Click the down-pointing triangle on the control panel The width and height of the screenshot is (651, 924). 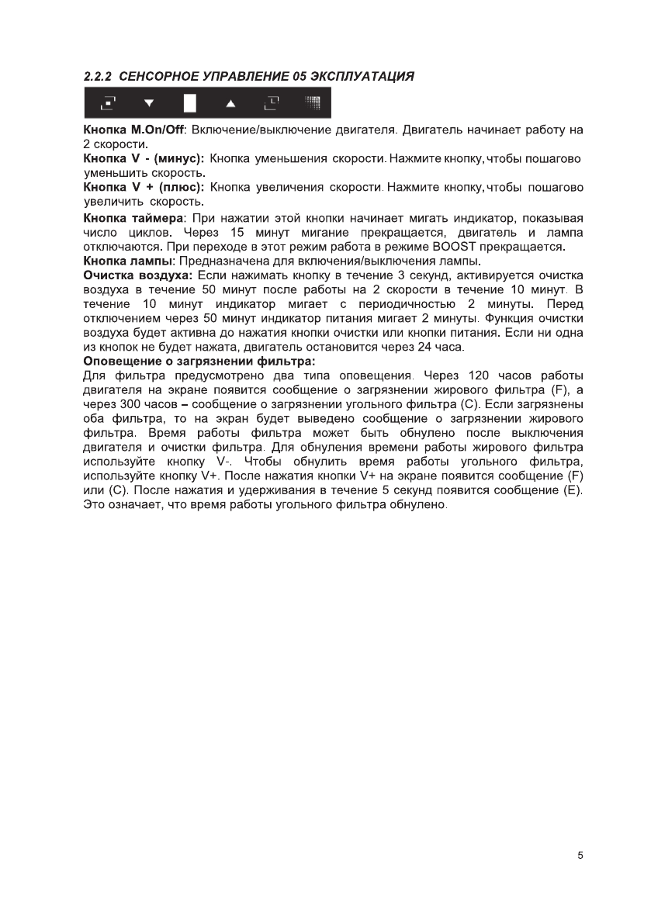(149, 102)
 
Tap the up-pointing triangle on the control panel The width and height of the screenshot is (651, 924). (230, 102)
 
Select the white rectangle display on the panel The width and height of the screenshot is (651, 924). (189, 102)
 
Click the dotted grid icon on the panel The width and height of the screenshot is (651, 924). (312, 101)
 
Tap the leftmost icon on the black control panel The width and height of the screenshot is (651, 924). (109, 102)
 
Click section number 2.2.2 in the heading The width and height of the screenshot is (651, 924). (99, 77)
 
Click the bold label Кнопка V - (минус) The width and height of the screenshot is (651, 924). (144, 158)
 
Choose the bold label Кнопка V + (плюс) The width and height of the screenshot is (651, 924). (143, 188)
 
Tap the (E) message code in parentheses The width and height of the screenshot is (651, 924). (573, 491)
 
